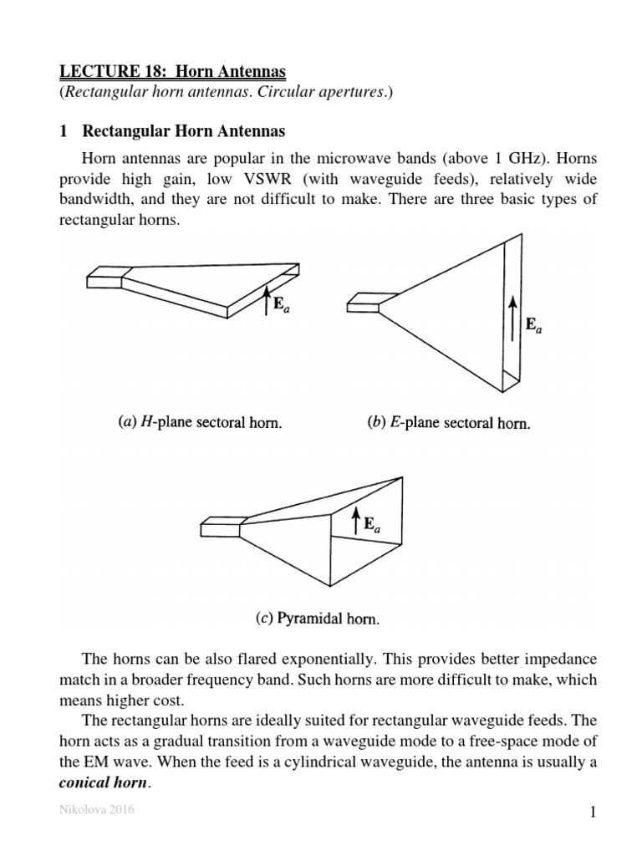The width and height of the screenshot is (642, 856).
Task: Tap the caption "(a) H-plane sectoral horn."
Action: click(198, 423)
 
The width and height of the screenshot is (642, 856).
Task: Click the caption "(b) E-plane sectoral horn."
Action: click(449, 423)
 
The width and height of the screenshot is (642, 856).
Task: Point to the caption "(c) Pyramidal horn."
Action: click(318, 620)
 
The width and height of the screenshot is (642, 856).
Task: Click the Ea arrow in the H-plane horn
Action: click(266, 299)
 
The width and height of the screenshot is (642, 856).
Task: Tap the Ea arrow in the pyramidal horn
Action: click(355, 522)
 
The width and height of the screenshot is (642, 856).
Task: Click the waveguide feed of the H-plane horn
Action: click(106, 278)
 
